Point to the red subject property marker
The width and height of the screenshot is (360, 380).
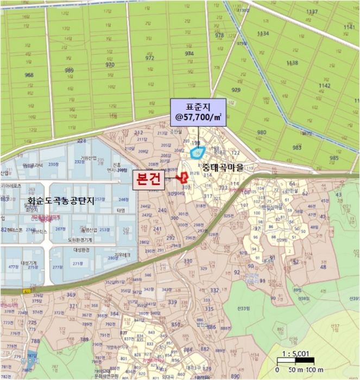[x=184, y=178]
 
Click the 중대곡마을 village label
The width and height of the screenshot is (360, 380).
[x=223, y=168]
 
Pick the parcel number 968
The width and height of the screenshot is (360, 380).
[x=29, y=75]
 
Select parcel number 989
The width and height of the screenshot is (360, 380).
[x=70, y=71]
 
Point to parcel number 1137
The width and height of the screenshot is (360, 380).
[x=312, y=12]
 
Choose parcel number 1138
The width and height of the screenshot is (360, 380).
[x=292, y=63]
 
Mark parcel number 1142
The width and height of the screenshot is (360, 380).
[x=325, y=86]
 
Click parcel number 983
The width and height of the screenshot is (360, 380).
[x=296, y=148]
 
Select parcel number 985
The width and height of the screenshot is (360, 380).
[x=334, y=158]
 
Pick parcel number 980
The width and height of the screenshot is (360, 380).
[x=262, y=132]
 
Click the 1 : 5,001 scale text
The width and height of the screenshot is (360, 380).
[x=295, y=353]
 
